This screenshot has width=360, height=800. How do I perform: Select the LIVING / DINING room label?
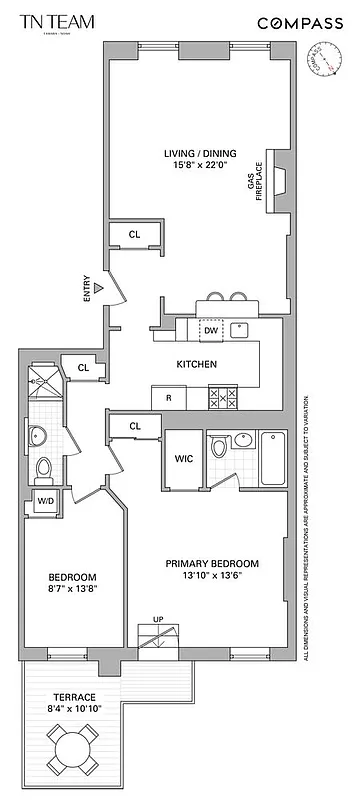[x=198, y=153]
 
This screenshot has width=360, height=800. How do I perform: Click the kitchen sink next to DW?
[x=240, y=330]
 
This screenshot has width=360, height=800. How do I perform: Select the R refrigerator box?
[x=168, y=398]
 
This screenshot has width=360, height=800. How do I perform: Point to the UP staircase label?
[x=156, y=619]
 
